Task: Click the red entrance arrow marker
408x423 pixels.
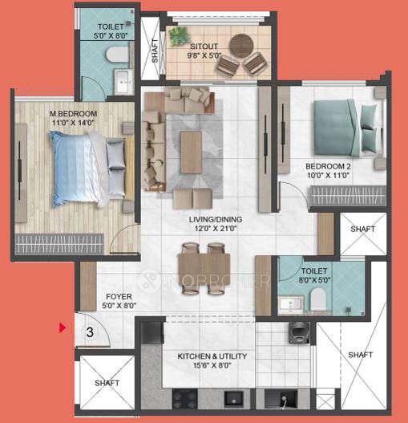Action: pyautogui.click(x=62, y=327)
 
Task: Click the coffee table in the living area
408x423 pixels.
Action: pyautogui.click(x=191, y=152)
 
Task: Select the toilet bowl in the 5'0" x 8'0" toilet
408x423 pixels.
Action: pyautogui.click(x=119, y=54)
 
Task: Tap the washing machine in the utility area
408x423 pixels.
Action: pyautogui.click(x=300, y=331)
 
